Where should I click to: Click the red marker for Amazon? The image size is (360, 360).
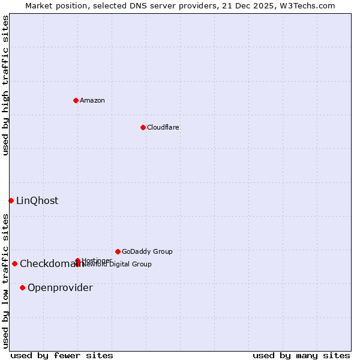[x=76, y=100]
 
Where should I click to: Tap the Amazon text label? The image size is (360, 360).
[x=92, y=100]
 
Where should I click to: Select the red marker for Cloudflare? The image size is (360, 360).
[x=143, y=127]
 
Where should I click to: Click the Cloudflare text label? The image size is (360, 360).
[x=163, y=127]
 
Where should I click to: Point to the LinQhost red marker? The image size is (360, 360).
[x=11, y=200]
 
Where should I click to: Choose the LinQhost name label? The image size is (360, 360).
[x=37, y=201]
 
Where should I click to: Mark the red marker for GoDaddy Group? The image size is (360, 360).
[x=118, y=251]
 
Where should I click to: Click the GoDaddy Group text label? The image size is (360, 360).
[x=147, y=251]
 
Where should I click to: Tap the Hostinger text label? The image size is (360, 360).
[x=96, y=260]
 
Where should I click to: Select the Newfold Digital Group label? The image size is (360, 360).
[x=117, y=265]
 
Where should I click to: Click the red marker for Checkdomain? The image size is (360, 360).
[x=14, y=263]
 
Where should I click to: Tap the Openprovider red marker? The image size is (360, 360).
[x=22, y=287]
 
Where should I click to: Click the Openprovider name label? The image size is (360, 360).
[x=60, y=288]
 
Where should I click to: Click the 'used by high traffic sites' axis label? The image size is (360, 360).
[x=5, y=85]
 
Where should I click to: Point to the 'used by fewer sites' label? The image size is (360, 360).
[x=62, y=355]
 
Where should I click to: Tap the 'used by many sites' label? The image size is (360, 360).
[x=301, y=355]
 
